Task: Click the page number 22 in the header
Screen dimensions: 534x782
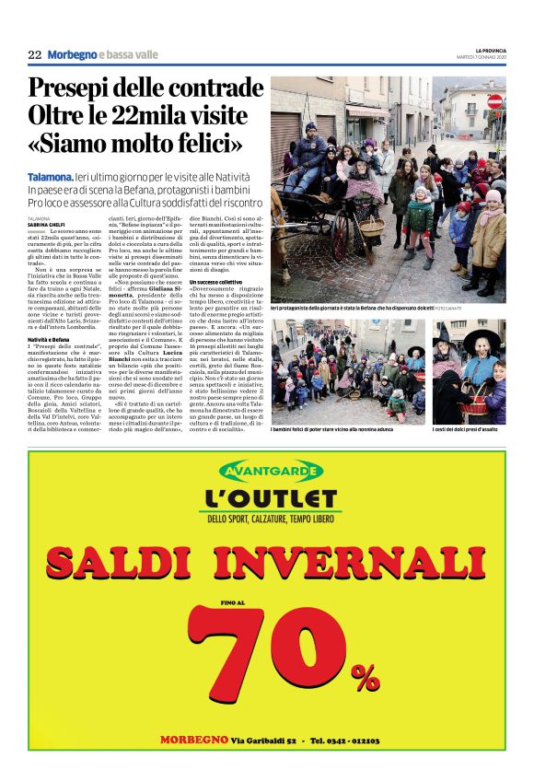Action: click(x=35, y=54)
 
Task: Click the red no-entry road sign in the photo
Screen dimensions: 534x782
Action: click(x=495, y=101)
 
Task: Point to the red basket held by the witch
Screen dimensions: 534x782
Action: click(x=481, y=391)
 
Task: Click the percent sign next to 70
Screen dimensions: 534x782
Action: click(x=365, y=677)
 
